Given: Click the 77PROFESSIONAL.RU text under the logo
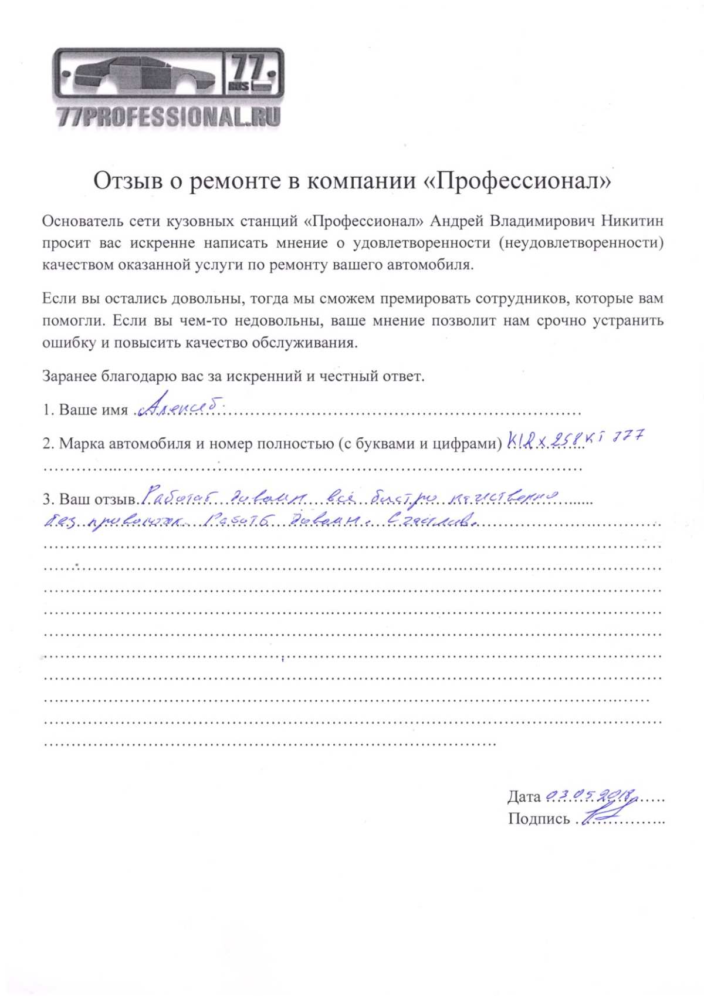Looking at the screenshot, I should pyautogui.click(x=169, y=117).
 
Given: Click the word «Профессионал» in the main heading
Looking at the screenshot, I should pyautogui.click(x=516, y=181).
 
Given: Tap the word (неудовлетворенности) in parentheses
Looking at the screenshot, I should pyautogui.click(x=581, y=243).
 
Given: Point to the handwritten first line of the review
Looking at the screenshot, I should pyautogui.click(x=348, y=498).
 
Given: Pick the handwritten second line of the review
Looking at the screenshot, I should pyautogui.click(x=258, y=521).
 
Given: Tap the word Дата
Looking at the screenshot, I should pyautogui.click(x=524, y=796).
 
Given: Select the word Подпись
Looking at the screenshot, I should pyautogui.click(x=539, y=819).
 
